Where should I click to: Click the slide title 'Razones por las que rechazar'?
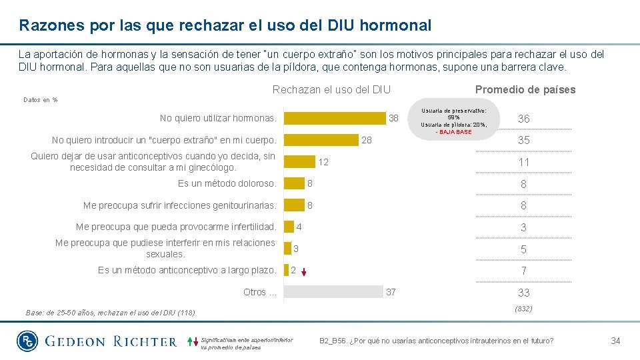225,26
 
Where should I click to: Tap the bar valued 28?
321,140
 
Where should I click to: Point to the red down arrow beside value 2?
303,271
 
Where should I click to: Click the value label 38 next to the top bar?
393,118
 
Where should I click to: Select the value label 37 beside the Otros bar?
391,292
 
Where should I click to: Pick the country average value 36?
523,119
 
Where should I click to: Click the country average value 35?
523,141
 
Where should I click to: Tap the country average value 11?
523,162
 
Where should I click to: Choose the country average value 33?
523,293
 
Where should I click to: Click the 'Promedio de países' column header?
525,89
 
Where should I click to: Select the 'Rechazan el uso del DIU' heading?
331,89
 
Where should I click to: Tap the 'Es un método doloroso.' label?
227,183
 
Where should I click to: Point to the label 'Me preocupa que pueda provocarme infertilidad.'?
176,227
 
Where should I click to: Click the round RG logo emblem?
28,341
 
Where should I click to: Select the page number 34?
615,341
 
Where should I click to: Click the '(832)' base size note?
523,309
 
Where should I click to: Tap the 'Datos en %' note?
40,100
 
